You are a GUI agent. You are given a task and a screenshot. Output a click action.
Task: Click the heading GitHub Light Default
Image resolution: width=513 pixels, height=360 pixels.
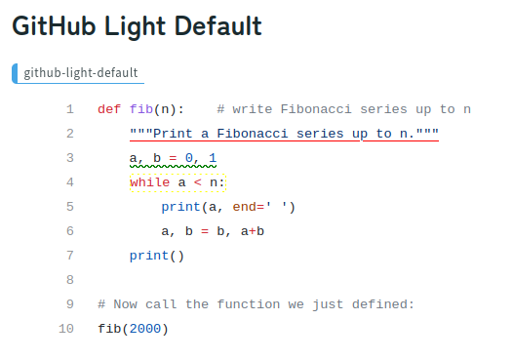click(137, 25)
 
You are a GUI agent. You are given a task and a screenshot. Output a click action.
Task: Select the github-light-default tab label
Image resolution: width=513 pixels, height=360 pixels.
click(80, 73)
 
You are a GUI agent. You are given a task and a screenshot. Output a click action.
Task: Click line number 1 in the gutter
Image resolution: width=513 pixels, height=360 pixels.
click(69, 109)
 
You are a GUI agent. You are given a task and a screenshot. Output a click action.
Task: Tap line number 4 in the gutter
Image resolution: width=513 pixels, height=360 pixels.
click(69, 182)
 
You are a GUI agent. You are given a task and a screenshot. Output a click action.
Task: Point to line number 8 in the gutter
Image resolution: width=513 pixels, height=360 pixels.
click(69, 280)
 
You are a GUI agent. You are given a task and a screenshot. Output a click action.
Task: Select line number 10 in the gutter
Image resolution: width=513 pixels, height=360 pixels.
click(65, 329)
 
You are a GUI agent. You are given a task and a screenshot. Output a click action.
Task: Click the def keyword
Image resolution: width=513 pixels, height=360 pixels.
click(109, 109)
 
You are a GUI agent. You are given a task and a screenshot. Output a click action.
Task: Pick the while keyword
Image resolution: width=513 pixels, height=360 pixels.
click(148, 182)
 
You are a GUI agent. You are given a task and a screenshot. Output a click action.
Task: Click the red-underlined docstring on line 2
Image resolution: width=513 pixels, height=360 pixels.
click(284, 134)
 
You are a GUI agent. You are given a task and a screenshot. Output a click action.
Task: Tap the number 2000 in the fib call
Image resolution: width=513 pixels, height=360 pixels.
click(145, 329)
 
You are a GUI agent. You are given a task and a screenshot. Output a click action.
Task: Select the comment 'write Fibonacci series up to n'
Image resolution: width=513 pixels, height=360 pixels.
click(344, 109)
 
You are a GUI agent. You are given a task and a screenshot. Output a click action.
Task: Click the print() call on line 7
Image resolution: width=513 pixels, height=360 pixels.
click(156, 256)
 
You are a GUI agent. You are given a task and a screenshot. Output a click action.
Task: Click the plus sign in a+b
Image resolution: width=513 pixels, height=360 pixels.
click(252, 231)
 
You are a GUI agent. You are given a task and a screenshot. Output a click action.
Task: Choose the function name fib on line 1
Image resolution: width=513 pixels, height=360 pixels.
click(140, 109)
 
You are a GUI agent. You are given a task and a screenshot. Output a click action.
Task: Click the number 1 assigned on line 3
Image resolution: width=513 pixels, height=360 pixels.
click(213, 158)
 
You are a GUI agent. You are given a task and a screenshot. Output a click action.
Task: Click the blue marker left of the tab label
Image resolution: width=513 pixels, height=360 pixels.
click(15, 73)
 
